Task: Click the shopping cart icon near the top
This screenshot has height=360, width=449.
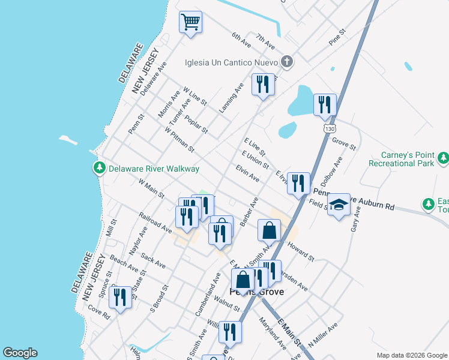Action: (190, 23)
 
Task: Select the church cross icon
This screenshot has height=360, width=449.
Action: (287, 61)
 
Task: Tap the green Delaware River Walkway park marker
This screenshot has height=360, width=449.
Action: (99, 169)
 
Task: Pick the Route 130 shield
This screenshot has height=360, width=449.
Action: (328, 128)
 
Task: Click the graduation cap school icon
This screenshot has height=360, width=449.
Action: (339, 205)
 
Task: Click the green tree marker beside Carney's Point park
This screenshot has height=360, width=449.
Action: (443, 158)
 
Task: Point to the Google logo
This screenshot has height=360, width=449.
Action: (20, 353)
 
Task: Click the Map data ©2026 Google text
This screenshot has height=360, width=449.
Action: (411, 355)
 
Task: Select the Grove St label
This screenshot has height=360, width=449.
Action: (344, 143)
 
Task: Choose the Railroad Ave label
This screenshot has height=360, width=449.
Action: (155, 220)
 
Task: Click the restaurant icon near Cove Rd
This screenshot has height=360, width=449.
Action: (121, 297)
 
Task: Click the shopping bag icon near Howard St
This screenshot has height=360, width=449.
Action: (270, 230)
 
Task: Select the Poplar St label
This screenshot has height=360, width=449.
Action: (196, 124)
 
